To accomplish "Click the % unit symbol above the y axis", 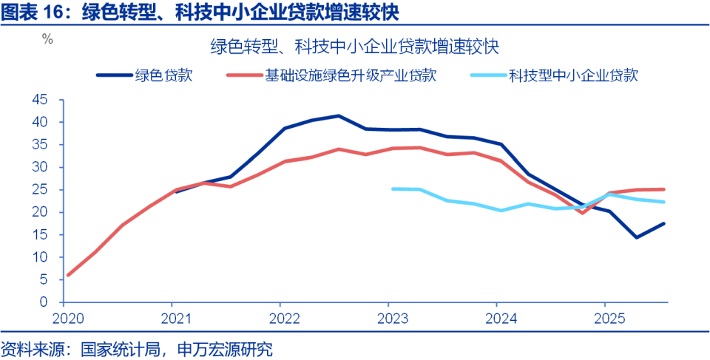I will coord(48,40).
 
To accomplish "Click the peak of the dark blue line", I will coord(339,116).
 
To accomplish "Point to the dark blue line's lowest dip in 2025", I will coord(636,237).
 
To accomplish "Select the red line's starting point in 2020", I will coord(68,275).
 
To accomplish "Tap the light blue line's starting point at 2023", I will coord(393,189).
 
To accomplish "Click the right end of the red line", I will coord(664,189).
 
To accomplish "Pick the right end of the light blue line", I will coord(664,202).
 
